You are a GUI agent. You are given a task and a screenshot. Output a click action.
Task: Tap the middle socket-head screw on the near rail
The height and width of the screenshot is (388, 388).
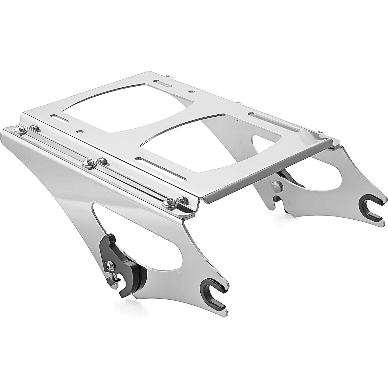(x=86, y=164)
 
